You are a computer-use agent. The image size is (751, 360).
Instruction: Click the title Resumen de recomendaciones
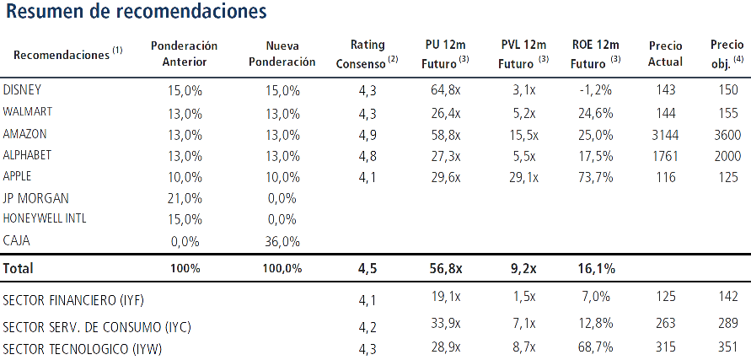(136, 12)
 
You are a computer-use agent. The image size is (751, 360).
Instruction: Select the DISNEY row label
(22, 89)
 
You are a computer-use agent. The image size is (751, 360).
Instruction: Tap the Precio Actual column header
(665, 54)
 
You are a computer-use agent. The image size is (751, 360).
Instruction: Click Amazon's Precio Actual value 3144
(665, 135)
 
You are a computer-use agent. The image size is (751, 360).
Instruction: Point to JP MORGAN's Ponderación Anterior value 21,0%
(185, 198)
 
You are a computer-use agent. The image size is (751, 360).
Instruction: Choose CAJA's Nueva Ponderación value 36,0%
(282, 241)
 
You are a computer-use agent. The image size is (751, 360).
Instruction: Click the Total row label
(19, 268)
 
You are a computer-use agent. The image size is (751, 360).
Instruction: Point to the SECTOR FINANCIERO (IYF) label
(73, 300)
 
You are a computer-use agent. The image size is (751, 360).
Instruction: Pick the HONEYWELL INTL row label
(45, 218)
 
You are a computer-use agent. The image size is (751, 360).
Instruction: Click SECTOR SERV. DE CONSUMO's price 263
(664, 323)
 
